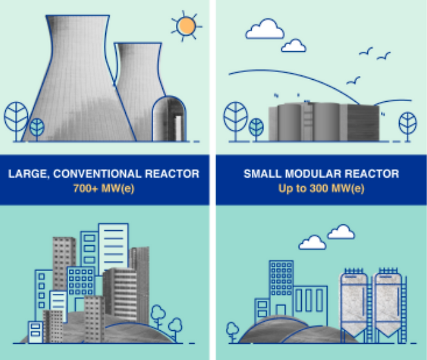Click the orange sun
(x=186, y=26)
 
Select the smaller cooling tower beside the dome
(x=137, y=78)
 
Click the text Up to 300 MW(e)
(x=321, y=189)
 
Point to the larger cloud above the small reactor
(x=264, y=29)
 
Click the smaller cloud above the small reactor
(x=294, y=45)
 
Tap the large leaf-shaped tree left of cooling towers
(x=16, y=117)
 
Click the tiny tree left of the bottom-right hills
(x=232, y=331)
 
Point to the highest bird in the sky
(x=367, y=51)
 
